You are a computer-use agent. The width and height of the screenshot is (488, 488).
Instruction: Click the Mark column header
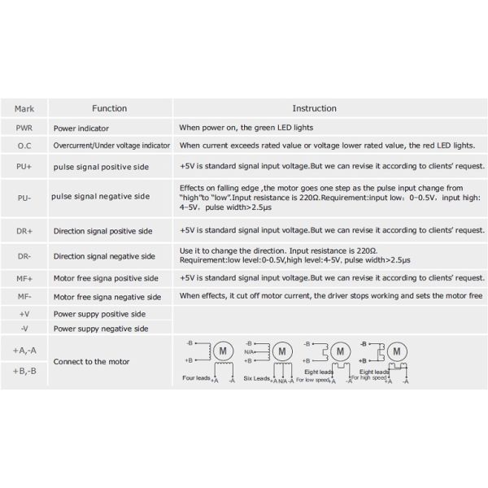point(24,108)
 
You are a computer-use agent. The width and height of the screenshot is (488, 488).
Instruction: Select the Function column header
point(109,108)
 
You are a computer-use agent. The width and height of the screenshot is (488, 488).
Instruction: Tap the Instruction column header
point(314,108)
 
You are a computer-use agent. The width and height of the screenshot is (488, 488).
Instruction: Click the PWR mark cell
point(24,128)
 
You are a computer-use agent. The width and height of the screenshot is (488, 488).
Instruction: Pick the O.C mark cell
point(24,145)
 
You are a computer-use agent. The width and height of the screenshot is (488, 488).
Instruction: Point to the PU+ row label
point(24,166)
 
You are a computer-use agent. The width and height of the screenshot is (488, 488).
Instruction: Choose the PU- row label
point(24,197)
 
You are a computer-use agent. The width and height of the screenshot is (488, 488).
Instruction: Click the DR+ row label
point(24,231)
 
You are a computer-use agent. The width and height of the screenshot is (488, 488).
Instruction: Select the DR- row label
point(24,256)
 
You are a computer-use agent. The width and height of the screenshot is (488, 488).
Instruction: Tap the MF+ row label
point(24,278)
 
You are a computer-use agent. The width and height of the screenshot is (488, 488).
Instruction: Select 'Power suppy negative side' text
point(101,329)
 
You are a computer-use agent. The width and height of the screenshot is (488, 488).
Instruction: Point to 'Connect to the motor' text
point(91,361)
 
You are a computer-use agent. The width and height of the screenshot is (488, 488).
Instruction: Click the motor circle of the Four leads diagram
point(221,351)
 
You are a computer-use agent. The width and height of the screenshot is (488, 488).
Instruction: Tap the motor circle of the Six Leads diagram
point(281,351)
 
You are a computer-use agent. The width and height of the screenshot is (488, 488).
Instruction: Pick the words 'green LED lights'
point(281,128)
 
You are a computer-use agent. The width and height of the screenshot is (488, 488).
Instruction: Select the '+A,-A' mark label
point(24,350)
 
